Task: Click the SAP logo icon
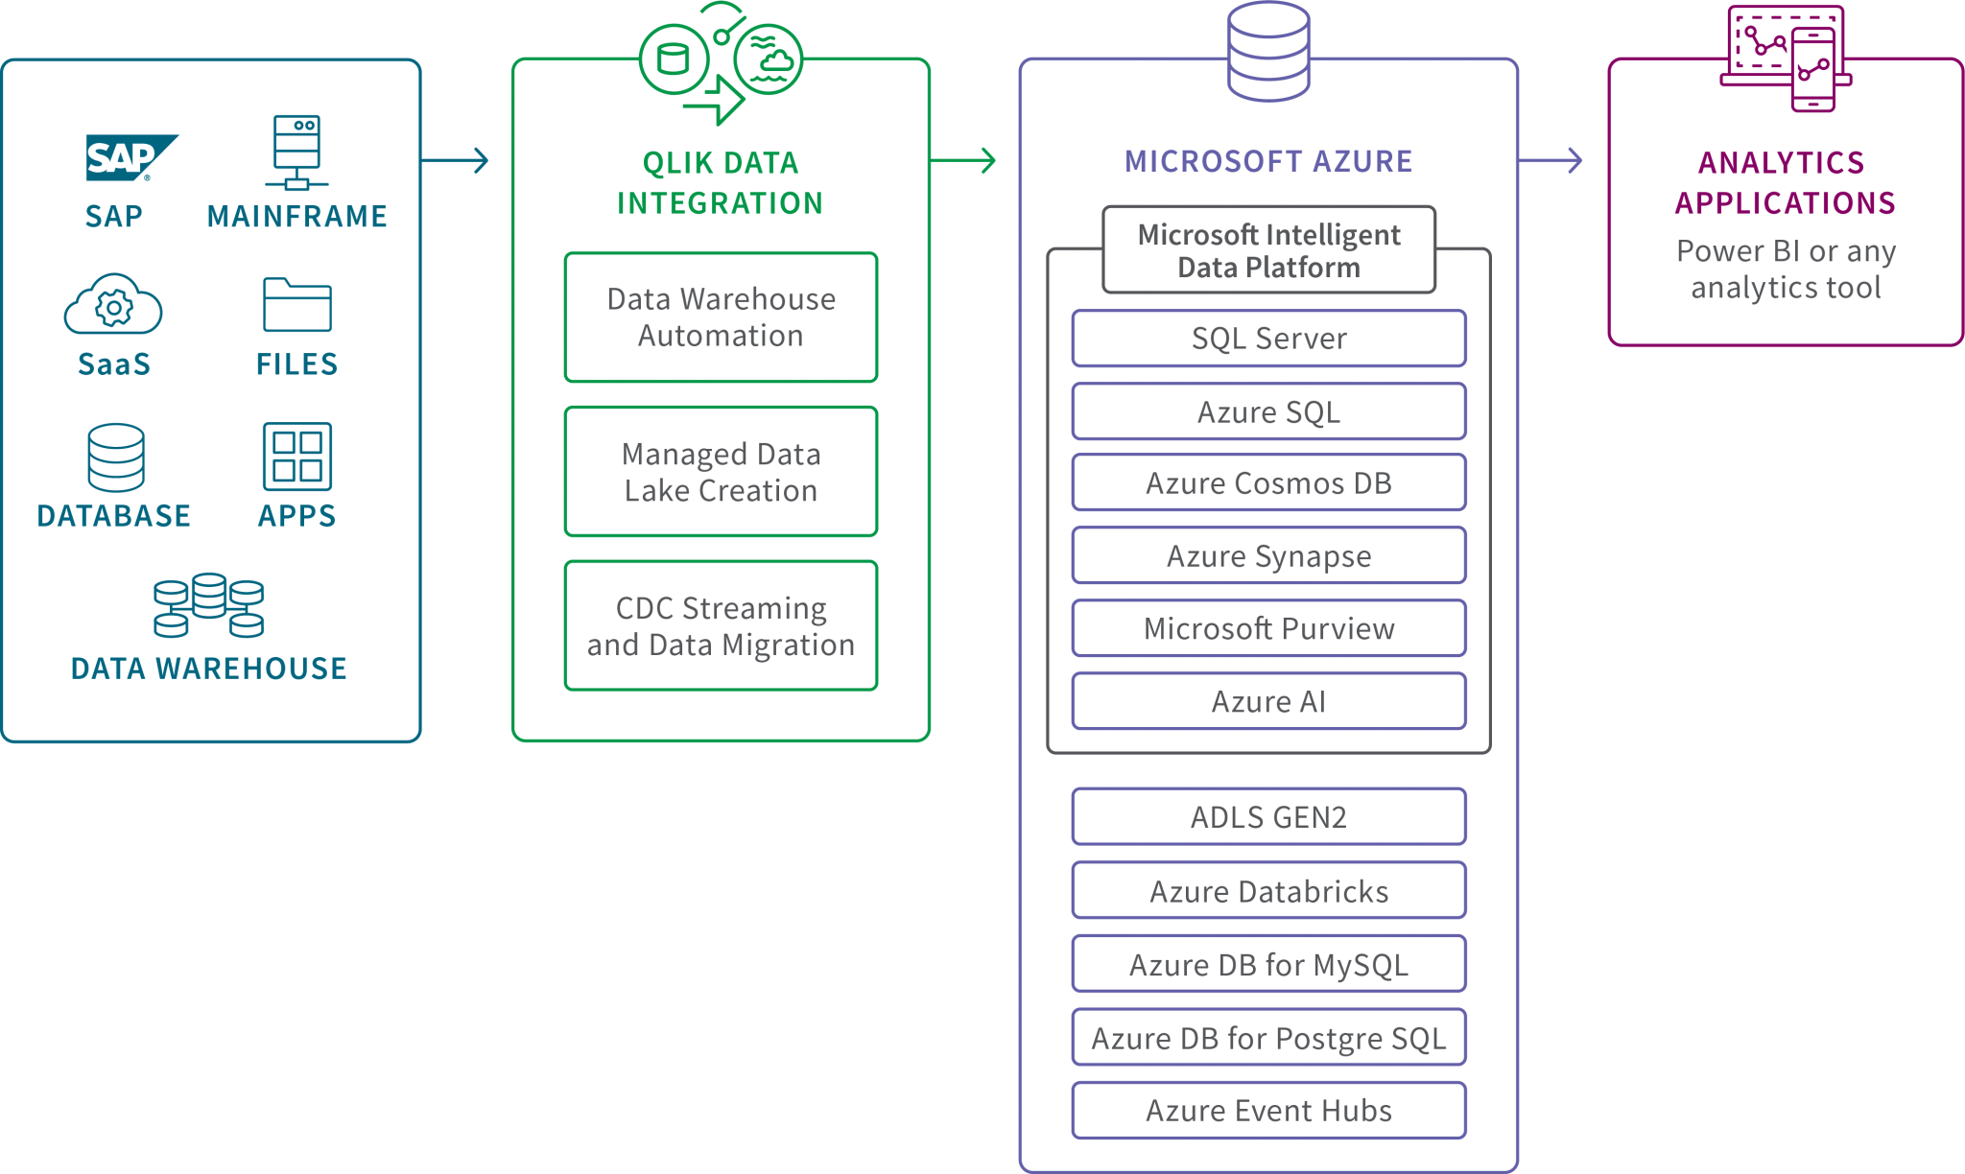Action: pyautogui.click(x=130, y=158)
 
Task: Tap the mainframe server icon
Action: pyautogui.click(x=296, y=153)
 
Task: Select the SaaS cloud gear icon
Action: pyautogui.click(x=113, y=305)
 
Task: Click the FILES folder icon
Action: pyautogui.click(x=296, y=305)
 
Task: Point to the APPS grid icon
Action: pyautogui.click(x=297, y=457)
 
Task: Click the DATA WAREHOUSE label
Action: pyautogui.click(x=209, y=669)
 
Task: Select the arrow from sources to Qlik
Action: pyautogui.click(x=456, y=160)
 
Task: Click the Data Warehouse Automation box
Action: pyautogui.click(x=721, y=317)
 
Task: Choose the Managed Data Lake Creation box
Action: pyautogui.click(x=721, y=472)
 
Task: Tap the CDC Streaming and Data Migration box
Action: pyautogui.click(x=721, y=626)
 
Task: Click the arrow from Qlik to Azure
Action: pyautogui.click(x=964, y=160)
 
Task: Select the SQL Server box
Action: pyautogui.click(x=1268, y=339)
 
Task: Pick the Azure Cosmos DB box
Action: pyautogui.click(x=1268, y=483)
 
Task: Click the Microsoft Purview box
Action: pyautogui.click(x=1268, y=629)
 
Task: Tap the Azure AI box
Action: pyautogui.click(x=1268, y=702)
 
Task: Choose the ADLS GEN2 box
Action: pyautogui.click(x=1268, y=817)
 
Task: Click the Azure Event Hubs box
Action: pyautogui.click(x=1268, y=1111)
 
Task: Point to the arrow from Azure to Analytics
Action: pyautogui.click(x=1551, y=160)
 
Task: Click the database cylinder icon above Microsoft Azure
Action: pyautogui.click(x=1268, y=51)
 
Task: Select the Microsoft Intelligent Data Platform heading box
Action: pyautogui.click(x=1268, y=250)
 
